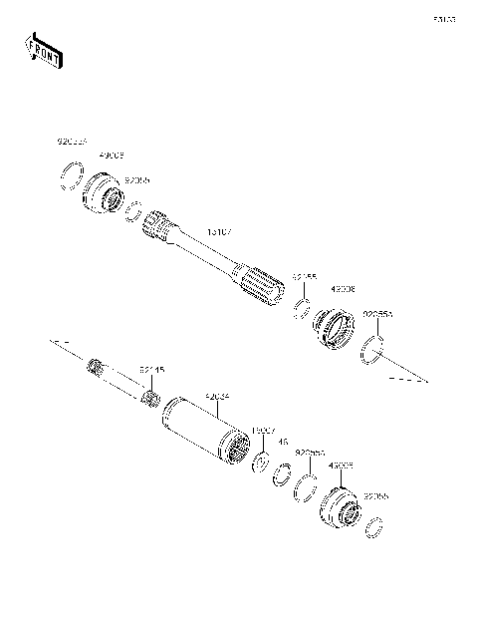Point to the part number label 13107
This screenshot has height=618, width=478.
point(220,232)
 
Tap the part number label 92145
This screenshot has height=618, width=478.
point(151,370)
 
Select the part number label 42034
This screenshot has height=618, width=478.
point(217,396)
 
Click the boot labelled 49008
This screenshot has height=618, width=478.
point(335,330)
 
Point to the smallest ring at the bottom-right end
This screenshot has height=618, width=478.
point(375,526)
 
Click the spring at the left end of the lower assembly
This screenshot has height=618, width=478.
point(97,367)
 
